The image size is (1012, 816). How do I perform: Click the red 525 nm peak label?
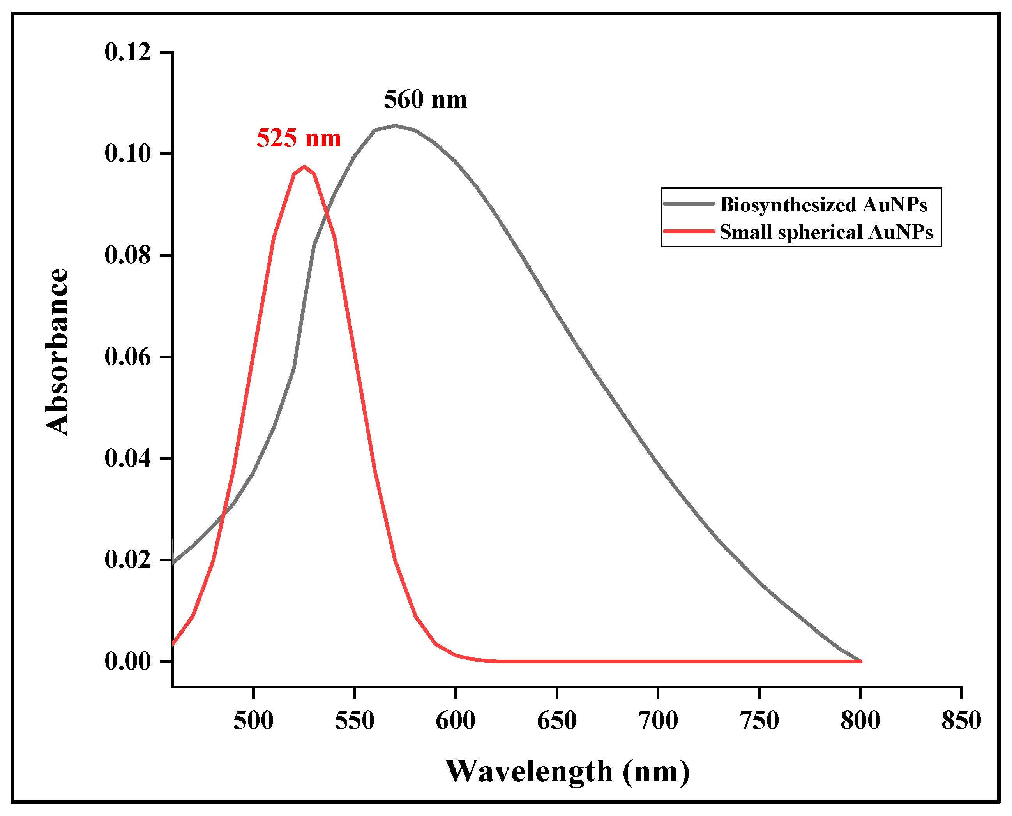pyautogui.click(x=298, y=139)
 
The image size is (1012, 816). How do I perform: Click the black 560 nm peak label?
pyautogui.click(x=425, y=100)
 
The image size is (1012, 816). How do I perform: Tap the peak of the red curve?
pyautogui.click(x=304, y=166)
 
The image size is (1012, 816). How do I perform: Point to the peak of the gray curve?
pyautogui.click(x=395, y=125)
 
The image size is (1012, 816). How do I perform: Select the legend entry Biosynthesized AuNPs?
pyautogui.click(x=823, y=205)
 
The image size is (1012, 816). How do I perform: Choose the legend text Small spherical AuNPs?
pyautogui.click(x=826, y=232)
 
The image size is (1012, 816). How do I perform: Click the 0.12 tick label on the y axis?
pyautogui.click(x=127, y=52)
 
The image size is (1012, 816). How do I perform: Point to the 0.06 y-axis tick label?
pyautogui.click(x=127, y=357)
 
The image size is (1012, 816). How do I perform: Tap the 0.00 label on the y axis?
pyautogui.click(x=127, y=661)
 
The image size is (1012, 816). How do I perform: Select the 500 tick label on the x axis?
pyautogui.click(x=253, y=721)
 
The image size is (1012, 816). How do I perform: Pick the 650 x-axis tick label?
pyautogui.click(x=557, y=721)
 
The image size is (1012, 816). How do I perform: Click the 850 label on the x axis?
pyautogui.click(x=961, y=721)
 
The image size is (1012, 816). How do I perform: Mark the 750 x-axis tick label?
pyautogui.click(x=759, y=721)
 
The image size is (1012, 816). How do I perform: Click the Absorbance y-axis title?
pyautogui.click(x=57, y=352)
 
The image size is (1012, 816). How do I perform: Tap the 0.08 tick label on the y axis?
pyautogui.click(x=127, y=255)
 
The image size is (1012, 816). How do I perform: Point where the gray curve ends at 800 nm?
pyautogui.click(x=860, y=661)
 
